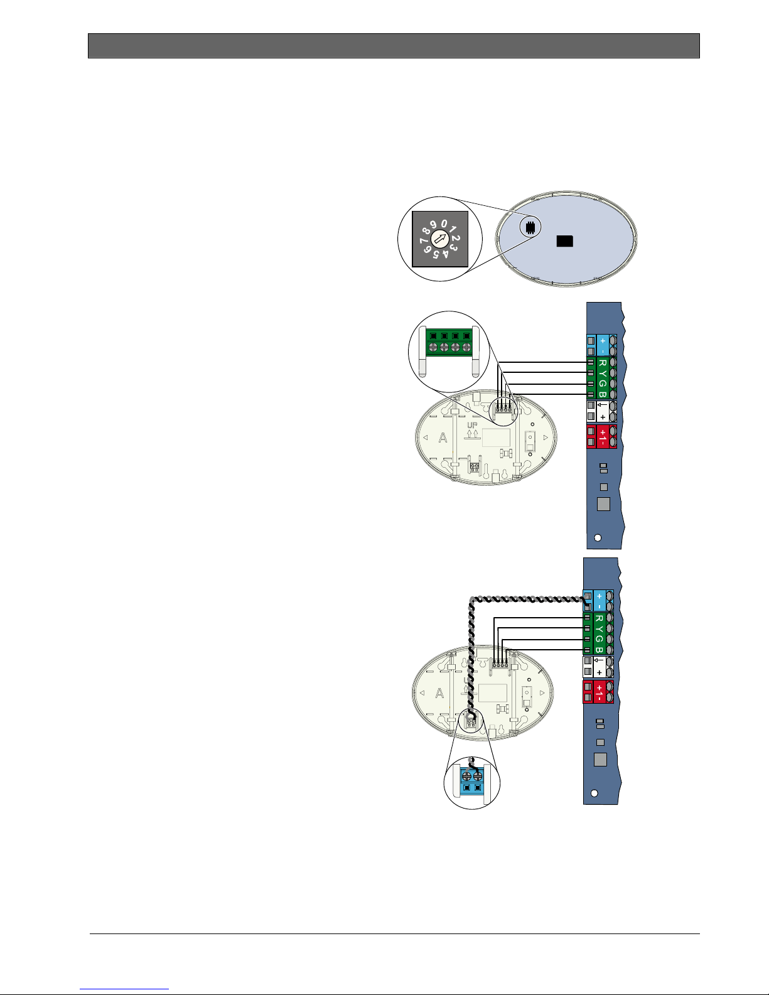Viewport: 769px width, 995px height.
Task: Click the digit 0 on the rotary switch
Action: tap(444, 223)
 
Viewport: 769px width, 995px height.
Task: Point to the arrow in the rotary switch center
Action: tap(440, 239)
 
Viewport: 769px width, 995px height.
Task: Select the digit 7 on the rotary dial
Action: tap(423, 241)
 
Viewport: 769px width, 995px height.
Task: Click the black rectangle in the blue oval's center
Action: tap(564, 241)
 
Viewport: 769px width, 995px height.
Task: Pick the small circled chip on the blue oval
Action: tap(530, 227)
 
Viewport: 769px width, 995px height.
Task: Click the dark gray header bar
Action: tap(394, 46)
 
